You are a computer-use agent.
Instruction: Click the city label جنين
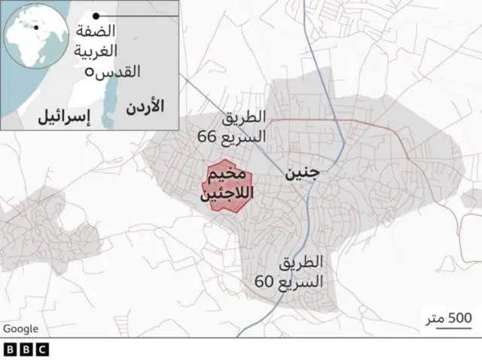pos(301,174)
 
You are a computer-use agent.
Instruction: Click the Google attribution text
pos(20,328)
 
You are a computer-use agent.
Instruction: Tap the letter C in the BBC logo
pos(41,349)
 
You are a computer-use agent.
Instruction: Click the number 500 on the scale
pos(459,317)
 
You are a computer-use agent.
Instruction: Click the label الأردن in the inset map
pos(145,105)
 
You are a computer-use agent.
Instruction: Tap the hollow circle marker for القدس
pos(90,72)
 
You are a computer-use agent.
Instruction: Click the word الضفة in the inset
pos(96,32)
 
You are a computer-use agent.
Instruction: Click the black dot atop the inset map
pos(96,15)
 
